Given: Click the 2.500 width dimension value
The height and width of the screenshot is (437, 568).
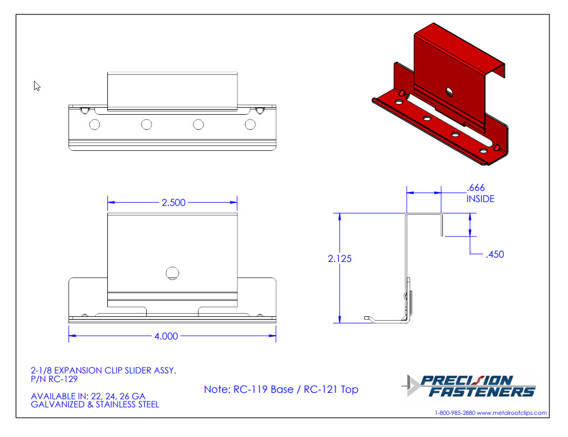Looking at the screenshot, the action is click(x=174, y=202).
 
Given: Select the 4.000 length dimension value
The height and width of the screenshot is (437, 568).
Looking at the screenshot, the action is click(x=166, y=336).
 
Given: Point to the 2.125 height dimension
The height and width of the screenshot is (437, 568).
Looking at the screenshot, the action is click(x=339, y=258).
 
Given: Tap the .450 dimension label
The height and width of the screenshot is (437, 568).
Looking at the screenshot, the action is click(x=495, y=254).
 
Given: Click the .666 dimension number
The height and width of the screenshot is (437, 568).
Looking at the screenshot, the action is click(x=476, y=188).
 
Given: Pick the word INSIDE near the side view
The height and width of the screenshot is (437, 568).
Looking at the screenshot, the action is click(x=480, y=199).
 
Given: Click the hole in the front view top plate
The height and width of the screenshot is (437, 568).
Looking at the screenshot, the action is click(x=173, y=273).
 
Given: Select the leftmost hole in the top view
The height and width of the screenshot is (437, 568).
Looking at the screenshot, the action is click(x=94, y=124).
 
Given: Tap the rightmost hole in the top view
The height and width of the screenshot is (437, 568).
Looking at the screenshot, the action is click(x=250, y=124).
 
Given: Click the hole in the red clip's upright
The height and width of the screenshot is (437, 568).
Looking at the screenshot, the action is click(x=449, y=91).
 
